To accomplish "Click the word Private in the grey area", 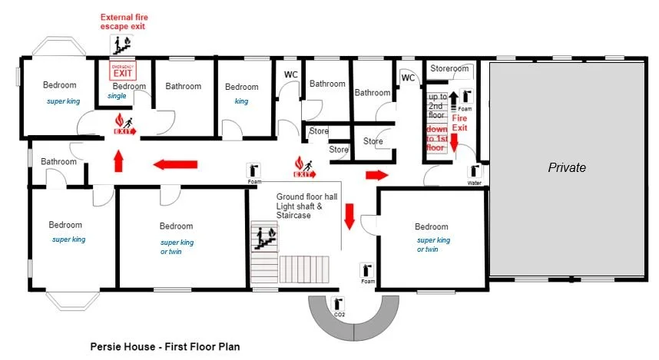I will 567,167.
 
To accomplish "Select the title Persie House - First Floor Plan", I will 165,347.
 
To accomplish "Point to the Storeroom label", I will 449,69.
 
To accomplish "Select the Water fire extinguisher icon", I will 475,173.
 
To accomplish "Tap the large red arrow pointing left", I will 176,164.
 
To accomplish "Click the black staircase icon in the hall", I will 263,238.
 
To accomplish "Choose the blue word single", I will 117,96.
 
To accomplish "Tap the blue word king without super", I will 241,101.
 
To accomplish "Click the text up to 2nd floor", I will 437,106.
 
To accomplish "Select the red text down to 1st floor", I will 437,138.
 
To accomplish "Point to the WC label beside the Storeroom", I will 408,78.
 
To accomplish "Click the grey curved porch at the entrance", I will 353,322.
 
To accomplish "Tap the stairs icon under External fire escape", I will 121,43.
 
